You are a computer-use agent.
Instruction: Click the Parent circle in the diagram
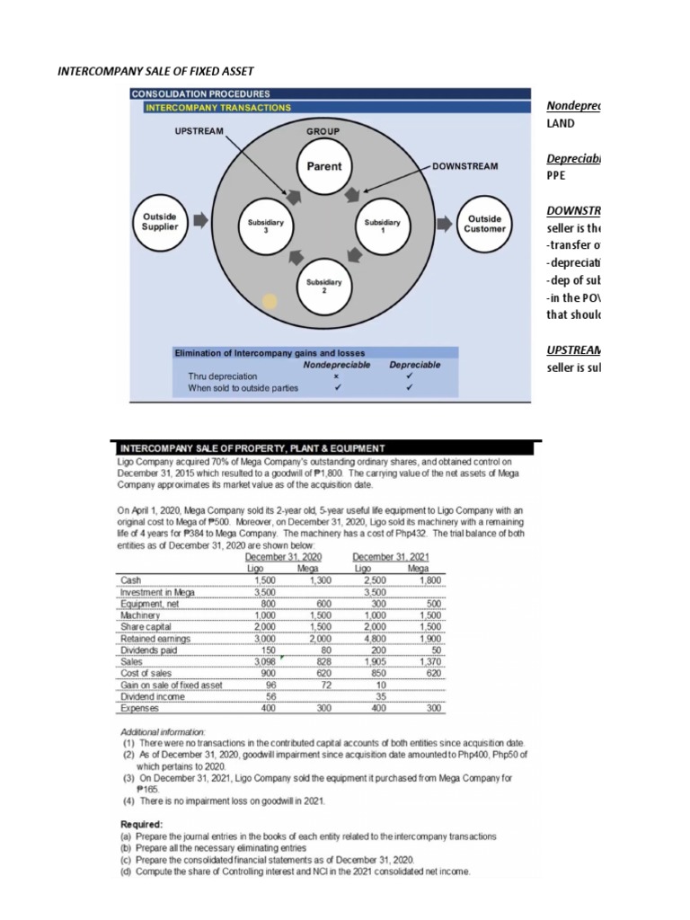point(324,166)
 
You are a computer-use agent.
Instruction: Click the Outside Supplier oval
point(159,222)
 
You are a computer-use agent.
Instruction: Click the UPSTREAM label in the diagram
point(198,131)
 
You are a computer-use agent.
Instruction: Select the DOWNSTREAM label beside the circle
point(465,166)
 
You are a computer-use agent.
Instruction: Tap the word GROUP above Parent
point(323,131)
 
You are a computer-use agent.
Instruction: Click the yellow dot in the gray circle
point(269,300)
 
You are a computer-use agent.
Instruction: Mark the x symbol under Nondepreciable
point(335,376)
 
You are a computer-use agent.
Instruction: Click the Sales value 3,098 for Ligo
point(263,661)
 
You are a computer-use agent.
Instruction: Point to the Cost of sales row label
point(146,673)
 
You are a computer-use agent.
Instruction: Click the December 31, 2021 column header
point(392,556)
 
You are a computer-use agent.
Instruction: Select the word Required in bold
point(142,823)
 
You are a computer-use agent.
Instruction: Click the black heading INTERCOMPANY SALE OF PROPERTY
point(252,447)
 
